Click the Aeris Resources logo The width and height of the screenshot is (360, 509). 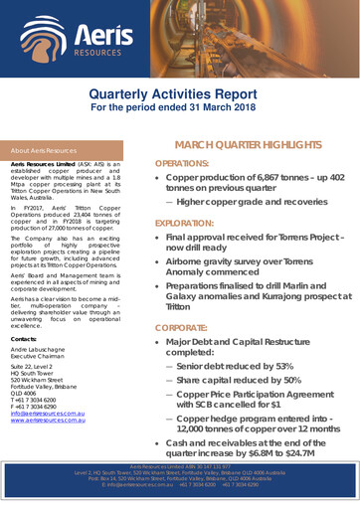[x=57, y=37]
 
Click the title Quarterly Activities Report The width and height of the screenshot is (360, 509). [x=180, y=93]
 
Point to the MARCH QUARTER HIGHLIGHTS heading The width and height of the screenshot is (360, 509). [x=246, y=143]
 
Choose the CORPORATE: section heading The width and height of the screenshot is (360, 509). [x=182, y=324]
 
